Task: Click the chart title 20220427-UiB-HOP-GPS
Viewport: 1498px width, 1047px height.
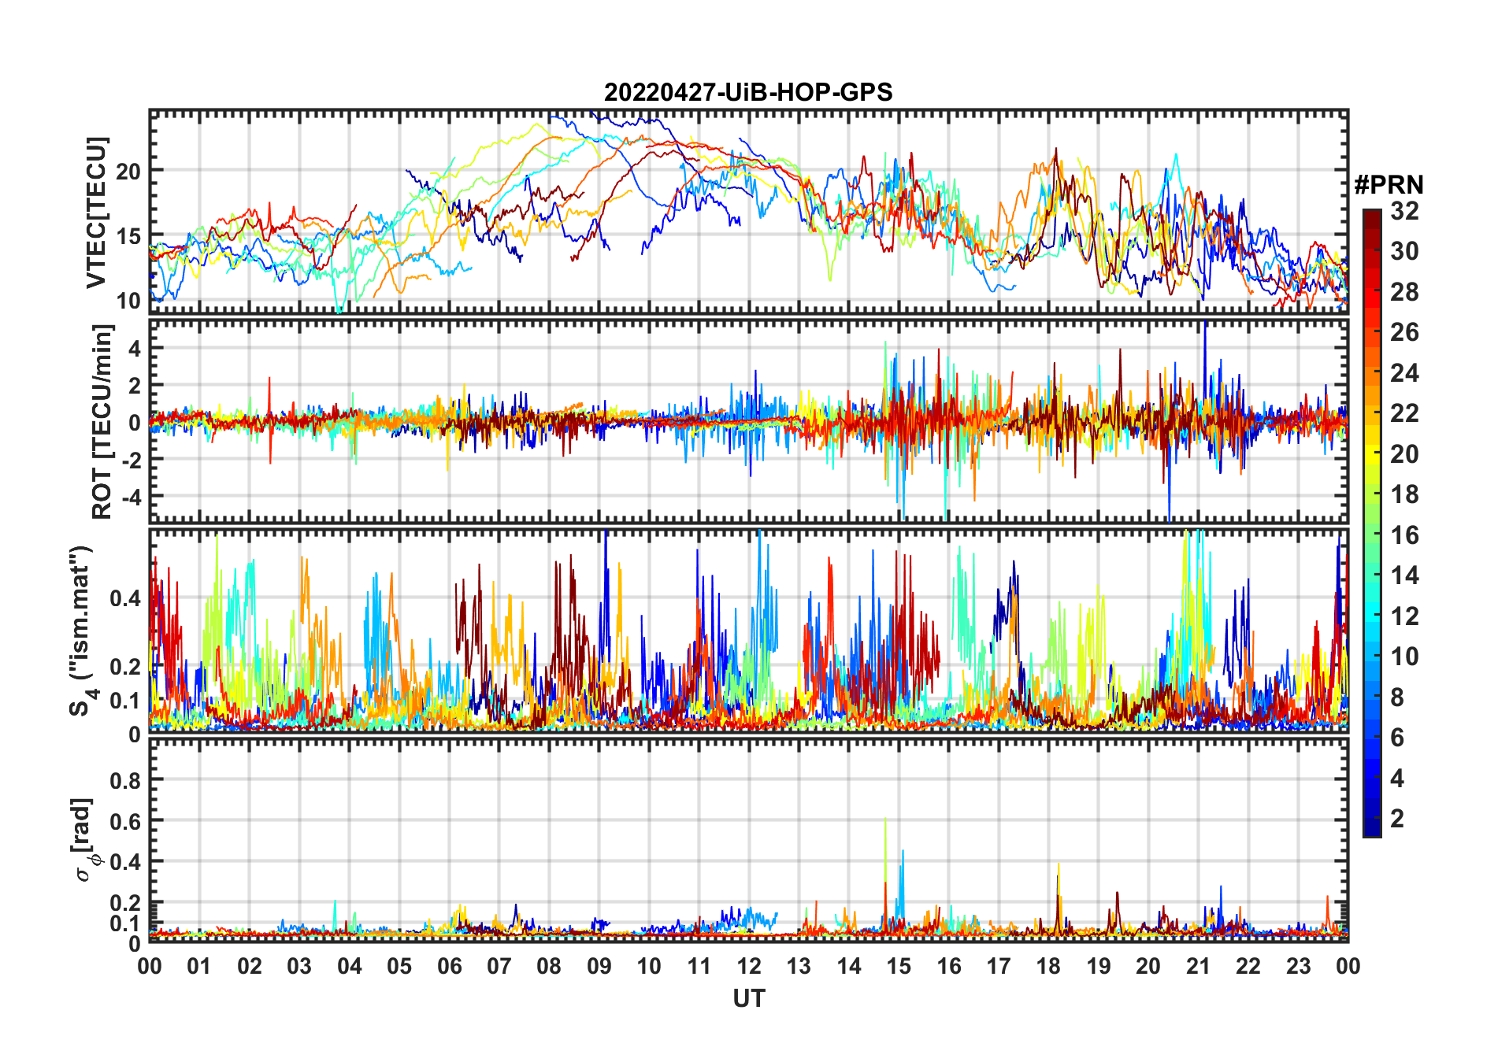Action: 748,93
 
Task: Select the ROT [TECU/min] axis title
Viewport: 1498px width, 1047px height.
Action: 102,421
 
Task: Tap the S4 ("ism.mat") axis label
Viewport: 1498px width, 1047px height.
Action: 82,630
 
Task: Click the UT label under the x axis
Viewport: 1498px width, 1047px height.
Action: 748,999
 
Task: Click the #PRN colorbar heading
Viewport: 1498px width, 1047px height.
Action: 1389,185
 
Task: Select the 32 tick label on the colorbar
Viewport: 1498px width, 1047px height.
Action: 1404,211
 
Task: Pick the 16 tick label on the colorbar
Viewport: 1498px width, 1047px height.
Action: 1404,535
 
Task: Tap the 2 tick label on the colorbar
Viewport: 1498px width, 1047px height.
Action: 1397,819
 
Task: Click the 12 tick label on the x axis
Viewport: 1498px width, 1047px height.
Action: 749,967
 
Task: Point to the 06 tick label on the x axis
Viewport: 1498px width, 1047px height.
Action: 450,967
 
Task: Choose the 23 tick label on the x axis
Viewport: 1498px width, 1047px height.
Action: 1298,967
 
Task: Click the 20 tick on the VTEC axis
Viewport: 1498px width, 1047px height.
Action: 128,171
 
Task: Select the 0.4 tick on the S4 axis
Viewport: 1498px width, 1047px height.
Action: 125,598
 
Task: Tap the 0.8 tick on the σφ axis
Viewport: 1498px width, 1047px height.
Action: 125,780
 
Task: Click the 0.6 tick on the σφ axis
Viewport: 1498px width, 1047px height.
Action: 125,821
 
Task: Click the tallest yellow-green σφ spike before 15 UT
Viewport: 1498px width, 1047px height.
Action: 885,820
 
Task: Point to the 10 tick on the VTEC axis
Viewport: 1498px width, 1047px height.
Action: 128,301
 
